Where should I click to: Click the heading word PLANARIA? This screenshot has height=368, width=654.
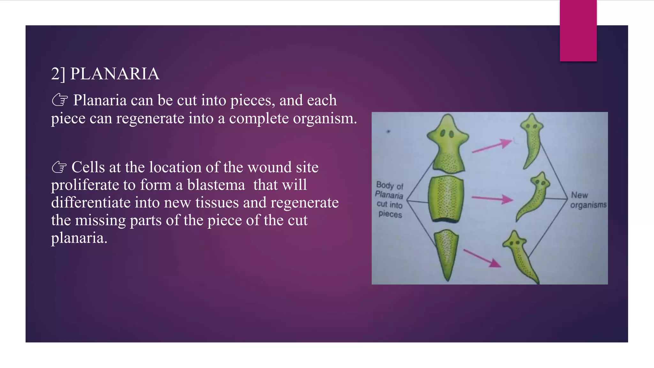115,74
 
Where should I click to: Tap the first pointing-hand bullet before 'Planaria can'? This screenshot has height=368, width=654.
59,100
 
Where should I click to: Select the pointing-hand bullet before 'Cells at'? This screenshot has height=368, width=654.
59,167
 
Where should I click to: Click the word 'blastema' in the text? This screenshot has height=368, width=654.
216,185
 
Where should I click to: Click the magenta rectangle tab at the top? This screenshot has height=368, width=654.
578,30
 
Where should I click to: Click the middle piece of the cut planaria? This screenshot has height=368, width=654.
446,199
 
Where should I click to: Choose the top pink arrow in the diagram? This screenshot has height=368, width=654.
492,146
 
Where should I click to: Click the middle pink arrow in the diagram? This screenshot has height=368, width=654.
492,199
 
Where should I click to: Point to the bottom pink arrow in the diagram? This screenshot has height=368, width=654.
482,258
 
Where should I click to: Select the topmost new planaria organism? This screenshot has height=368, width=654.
531,141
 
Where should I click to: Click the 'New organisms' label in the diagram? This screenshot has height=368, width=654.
588,200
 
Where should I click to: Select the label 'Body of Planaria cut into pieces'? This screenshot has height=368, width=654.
390,199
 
